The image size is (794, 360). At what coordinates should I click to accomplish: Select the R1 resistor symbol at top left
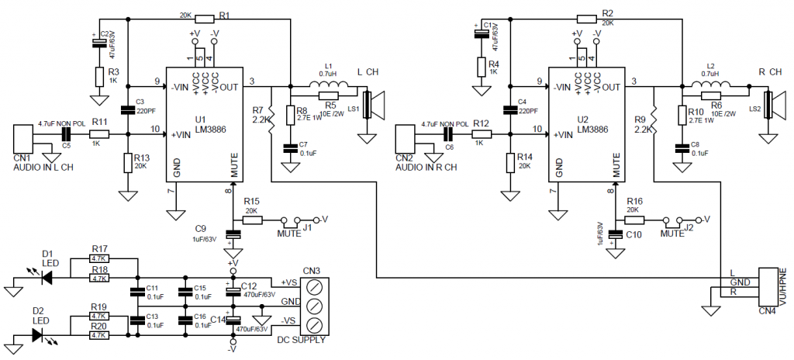pos(205,18)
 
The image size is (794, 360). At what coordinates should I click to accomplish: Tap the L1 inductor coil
pos(326,85)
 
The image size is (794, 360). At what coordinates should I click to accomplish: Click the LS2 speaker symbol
pos(769,106)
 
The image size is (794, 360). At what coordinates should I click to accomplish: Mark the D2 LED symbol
pos(40,335)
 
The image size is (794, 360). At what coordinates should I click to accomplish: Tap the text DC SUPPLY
pos(302,340)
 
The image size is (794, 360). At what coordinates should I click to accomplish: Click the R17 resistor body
pos(98,259)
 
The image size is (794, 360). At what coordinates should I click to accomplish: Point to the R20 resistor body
pos(98,336)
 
